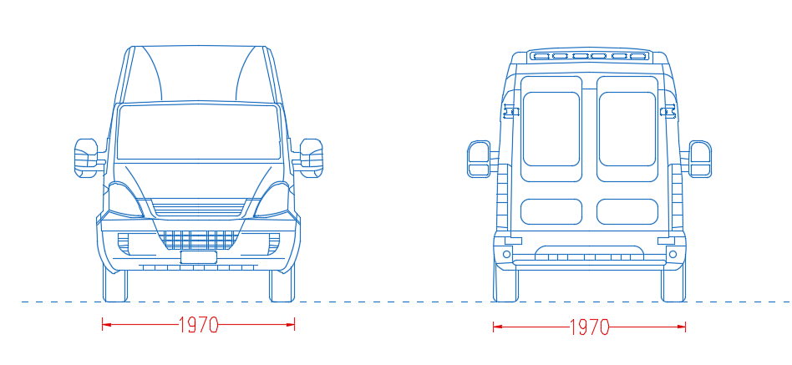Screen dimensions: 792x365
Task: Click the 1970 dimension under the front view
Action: click(198, 325)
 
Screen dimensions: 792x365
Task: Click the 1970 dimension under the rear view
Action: click(589, 327)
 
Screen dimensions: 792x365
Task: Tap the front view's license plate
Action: click(199, 257)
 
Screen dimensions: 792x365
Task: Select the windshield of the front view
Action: click(199, 132)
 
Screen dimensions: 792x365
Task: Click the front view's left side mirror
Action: click(86, 158)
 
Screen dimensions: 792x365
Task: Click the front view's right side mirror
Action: click(311, 158)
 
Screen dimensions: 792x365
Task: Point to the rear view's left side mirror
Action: click(479, 159)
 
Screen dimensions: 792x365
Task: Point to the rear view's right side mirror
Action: click(700, 159)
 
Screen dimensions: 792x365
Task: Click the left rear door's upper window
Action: click(551, 129)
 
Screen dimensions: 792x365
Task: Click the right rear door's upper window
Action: click(627, 129)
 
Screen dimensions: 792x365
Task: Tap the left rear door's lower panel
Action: click(551, 211)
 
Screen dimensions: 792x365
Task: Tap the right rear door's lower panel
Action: click(627, 211)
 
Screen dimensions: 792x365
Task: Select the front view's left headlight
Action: click(126, 200)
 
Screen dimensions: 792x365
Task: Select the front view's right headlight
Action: click(272, 200)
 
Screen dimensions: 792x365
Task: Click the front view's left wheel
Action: click(115, 285)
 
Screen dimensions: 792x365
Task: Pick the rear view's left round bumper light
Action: click(506, 254)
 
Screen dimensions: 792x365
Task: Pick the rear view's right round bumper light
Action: click(673, 254)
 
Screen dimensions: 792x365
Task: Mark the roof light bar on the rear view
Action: click(590, 56)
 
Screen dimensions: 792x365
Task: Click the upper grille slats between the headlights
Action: click(199, 207)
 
